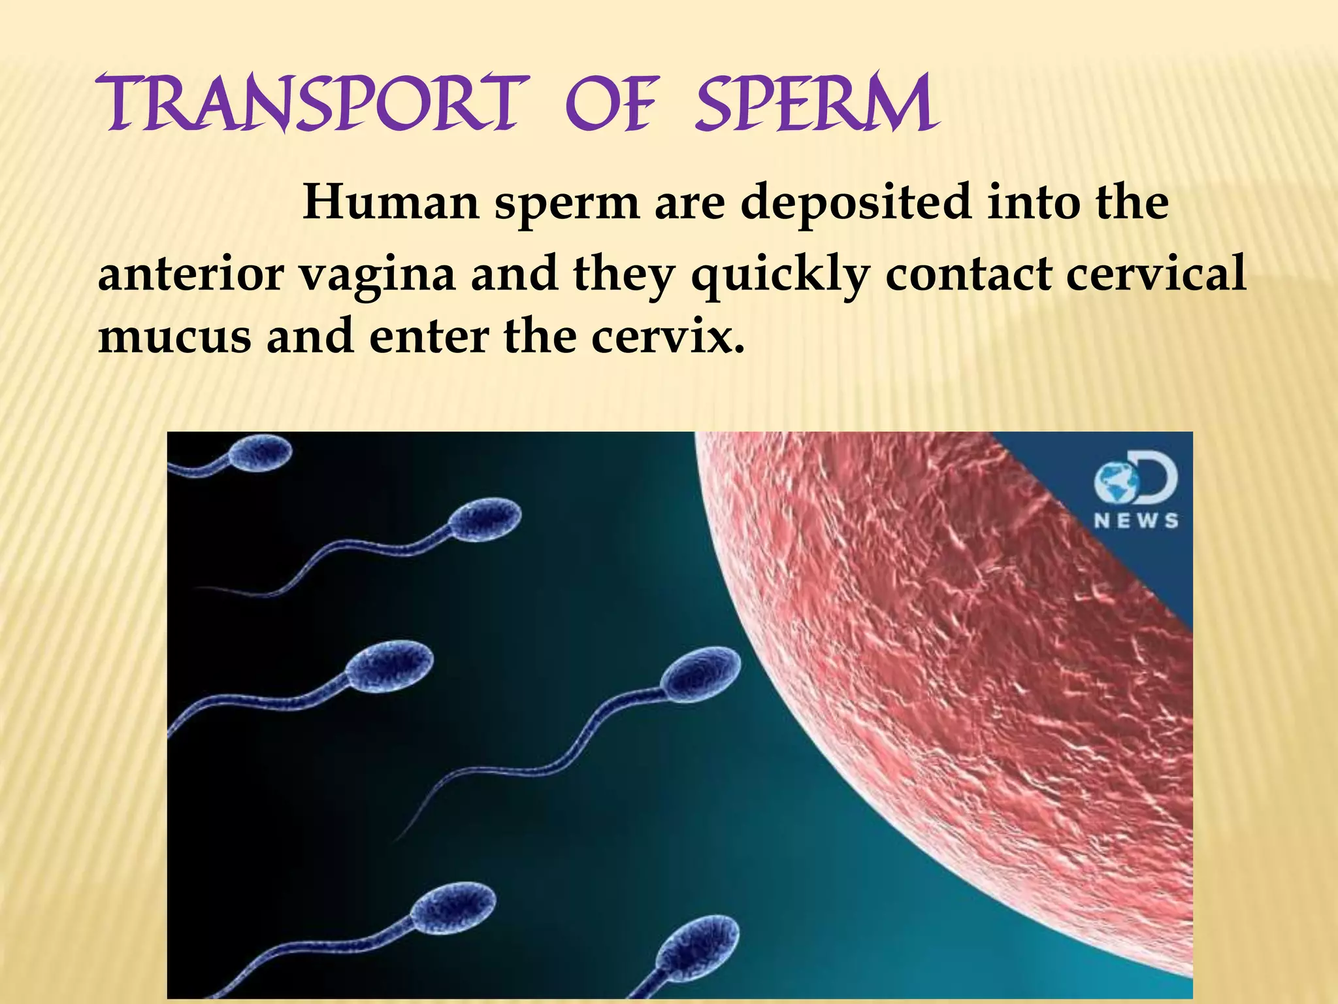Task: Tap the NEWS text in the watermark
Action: (x=1137, y=521)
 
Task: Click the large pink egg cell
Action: (x=980, y=686)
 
